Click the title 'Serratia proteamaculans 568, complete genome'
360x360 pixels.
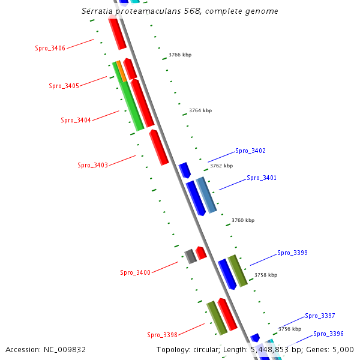[179, 11]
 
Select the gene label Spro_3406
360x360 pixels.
[50, 48]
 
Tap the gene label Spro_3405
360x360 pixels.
[64, 86]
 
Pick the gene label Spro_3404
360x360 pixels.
[76, 120]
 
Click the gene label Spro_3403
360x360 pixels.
[92, 165]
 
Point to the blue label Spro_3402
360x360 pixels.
[250, 151]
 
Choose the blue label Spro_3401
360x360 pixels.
[262, 178]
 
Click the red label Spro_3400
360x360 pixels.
[135, 272]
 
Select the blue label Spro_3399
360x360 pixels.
[292, 253]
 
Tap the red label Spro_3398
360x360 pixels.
[162, 335]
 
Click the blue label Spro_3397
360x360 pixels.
[320, 316]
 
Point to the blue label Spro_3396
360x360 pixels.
[328, 334]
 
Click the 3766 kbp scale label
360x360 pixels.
[180, 55]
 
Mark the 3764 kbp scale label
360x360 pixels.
[200, 110]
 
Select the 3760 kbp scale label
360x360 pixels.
[243, 220]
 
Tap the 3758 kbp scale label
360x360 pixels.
[266, 275]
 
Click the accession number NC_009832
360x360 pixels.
[46, 350]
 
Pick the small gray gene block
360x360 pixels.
[190, 256]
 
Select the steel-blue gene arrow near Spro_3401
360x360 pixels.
[206, 195]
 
